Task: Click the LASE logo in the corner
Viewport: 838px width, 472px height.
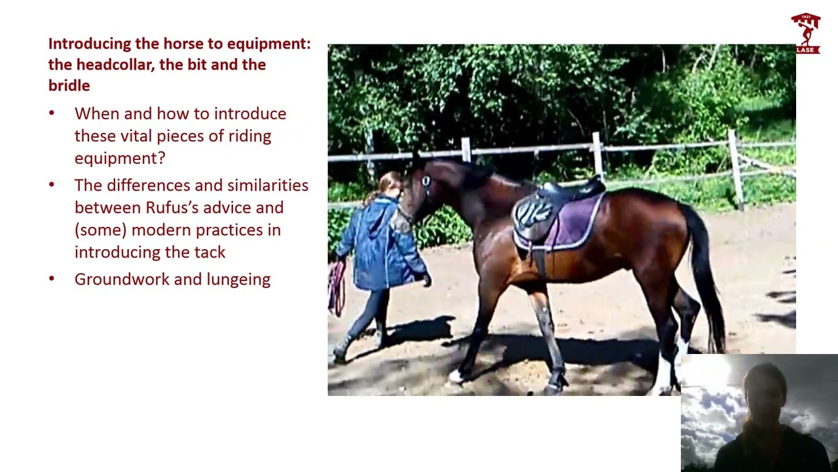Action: [x=805, y=33]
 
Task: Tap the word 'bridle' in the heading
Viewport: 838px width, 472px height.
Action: [x=69, y=86]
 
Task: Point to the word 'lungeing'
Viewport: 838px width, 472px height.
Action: [x=238, y=279]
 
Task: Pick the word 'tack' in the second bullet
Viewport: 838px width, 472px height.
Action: [x=209, y=252]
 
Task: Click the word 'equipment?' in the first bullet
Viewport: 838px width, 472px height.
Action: [x=120, y=159]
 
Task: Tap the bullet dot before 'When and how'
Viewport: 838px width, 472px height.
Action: [x=52, y=114]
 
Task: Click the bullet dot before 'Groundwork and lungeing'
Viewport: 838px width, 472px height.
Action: [x=52, y=279]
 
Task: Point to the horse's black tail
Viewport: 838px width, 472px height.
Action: [x=704, y=275]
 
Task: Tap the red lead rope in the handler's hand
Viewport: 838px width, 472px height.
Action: [x=337, y=288]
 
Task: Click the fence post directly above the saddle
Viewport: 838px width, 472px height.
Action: [x=597, y=154]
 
